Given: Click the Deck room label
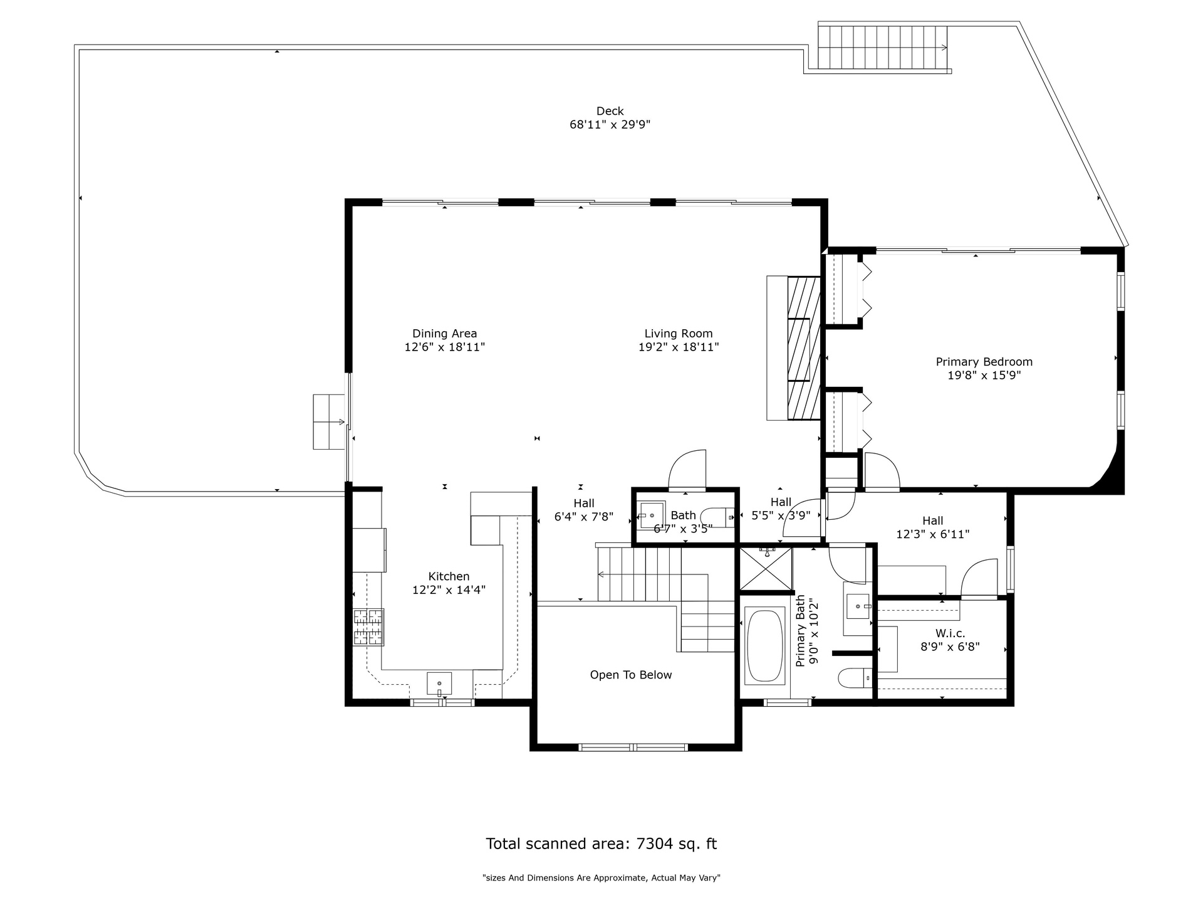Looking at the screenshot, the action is click(x=610, y=112).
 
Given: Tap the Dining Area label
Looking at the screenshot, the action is click(x=444, y=334).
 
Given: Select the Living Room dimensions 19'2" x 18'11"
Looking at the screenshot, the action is click(x=679, y=347).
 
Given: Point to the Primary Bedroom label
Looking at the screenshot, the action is click(x=984, y=362).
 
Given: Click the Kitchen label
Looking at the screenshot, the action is click(x=449, y=576).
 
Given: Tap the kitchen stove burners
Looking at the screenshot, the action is click(x=368, y=627).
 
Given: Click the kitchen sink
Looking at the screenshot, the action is click(x=439, y=683).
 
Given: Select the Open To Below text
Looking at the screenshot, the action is click(x=630, y=675).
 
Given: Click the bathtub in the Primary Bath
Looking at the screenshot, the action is click(x=764, y=645).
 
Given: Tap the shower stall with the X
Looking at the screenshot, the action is click(x=766, y=569).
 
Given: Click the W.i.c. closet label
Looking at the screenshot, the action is click(x=950, y=633).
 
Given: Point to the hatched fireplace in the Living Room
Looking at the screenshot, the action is click(x=803, y=348).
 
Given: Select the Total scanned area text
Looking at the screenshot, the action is click(x=601, y=844).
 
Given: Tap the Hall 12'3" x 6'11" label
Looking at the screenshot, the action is click(x=932, y=527).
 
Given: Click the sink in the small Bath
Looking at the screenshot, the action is click(x=652, y=515).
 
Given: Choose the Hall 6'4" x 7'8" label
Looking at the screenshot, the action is click(x=583, y=510).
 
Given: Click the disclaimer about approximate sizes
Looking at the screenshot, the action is click(x=601, y=878).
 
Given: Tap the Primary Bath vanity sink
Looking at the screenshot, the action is click(x=858, y=606).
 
